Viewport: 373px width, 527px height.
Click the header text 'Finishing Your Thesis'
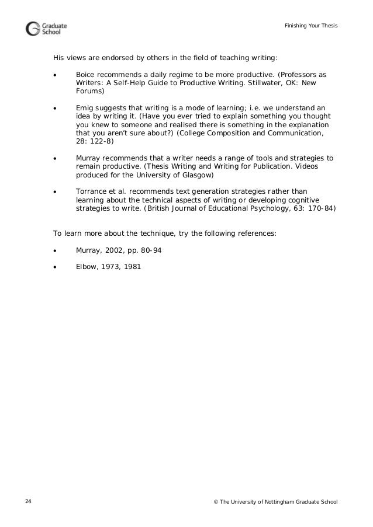point(311,26)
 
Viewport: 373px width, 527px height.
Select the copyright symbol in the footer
point(218,502)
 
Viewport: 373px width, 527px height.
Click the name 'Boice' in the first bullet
point(87,75)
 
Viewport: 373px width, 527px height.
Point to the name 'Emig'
point(85,108)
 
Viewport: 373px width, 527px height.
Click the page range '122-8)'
point(101,141)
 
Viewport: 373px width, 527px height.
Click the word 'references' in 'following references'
point(255,233)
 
